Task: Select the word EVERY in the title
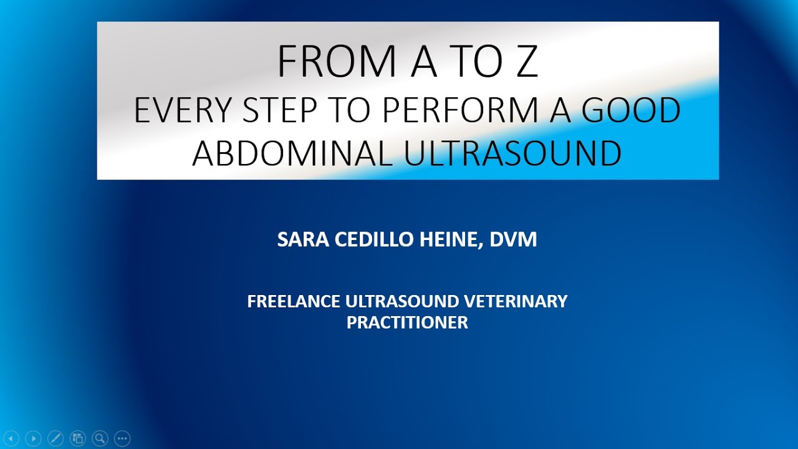pos(182,110)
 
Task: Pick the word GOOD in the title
pos(631,110)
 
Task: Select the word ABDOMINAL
pos(292,153)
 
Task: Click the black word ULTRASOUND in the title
pos(512,153)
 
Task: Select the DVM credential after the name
pos(513,239)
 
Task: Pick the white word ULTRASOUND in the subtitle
pos(402,301)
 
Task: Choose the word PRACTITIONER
pos(407,322)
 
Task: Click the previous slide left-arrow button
pos(11,438)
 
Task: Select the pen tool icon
pos(55,438)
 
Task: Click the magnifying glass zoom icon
pos(100,438)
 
